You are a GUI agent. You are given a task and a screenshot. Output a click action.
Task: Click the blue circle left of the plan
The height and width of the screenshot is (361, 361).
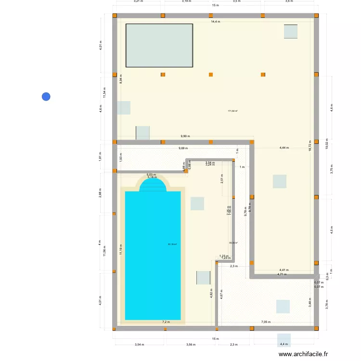pyautogui.click(x=46, y=96)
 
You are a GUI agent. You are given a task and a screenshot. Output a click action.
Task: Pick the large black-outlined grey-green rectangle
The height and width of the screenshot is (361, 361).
pyautogui.click(x=159, y=45)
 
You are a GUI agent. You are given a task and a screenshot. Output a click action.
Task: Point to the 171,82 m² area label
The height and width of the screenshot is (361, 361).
pyautogui.click(x=233, y=111)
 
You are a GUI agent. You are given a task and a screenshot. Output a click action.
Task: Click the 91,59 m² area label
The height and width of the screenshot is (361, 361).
pyautogui.click(x=172, y=245)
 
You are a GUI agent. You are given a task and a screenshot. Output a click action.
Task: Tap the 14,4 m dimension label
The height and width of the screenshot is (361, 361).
pyautogui.click(x=215, y=22)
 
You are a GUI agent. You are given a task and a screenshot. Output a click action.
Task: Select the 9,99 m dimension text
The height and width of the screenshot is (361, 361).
pyautogui.click(x=185, y=136)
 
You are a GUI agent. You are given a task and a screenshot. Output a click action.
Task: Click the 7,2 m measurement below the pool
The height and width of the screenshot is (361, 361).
pyautogui.click(x=166, y=322)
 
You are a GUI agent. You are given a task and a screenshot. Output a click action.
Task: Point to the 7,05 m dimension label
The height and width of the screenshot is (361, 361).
pyautogui.click(x=266, y=322)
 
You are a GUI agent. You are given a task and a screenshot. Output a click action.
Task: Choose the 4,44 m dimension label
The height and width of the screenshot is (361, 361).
pyautogui.click(x=284, y=148)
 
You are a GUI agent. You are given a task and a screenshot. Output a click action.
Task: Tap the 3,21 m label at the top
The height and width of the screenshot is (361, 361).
pyautogui.click(x=138, y=1)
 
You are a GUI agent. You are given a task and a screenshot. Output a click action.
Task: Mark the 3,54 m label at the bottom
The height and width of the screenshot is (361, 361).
pyautogui.click(x=140, y=344)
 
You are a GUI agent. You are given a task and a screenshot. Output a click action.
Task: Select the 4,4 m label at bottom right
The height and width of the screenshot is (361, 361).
pyautogui.click(x=284, y=344)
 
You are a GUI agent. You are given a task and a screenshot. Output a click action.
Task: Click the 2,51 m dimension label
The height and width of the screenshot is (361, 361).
pyautogui.click(x=222, y=179)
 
